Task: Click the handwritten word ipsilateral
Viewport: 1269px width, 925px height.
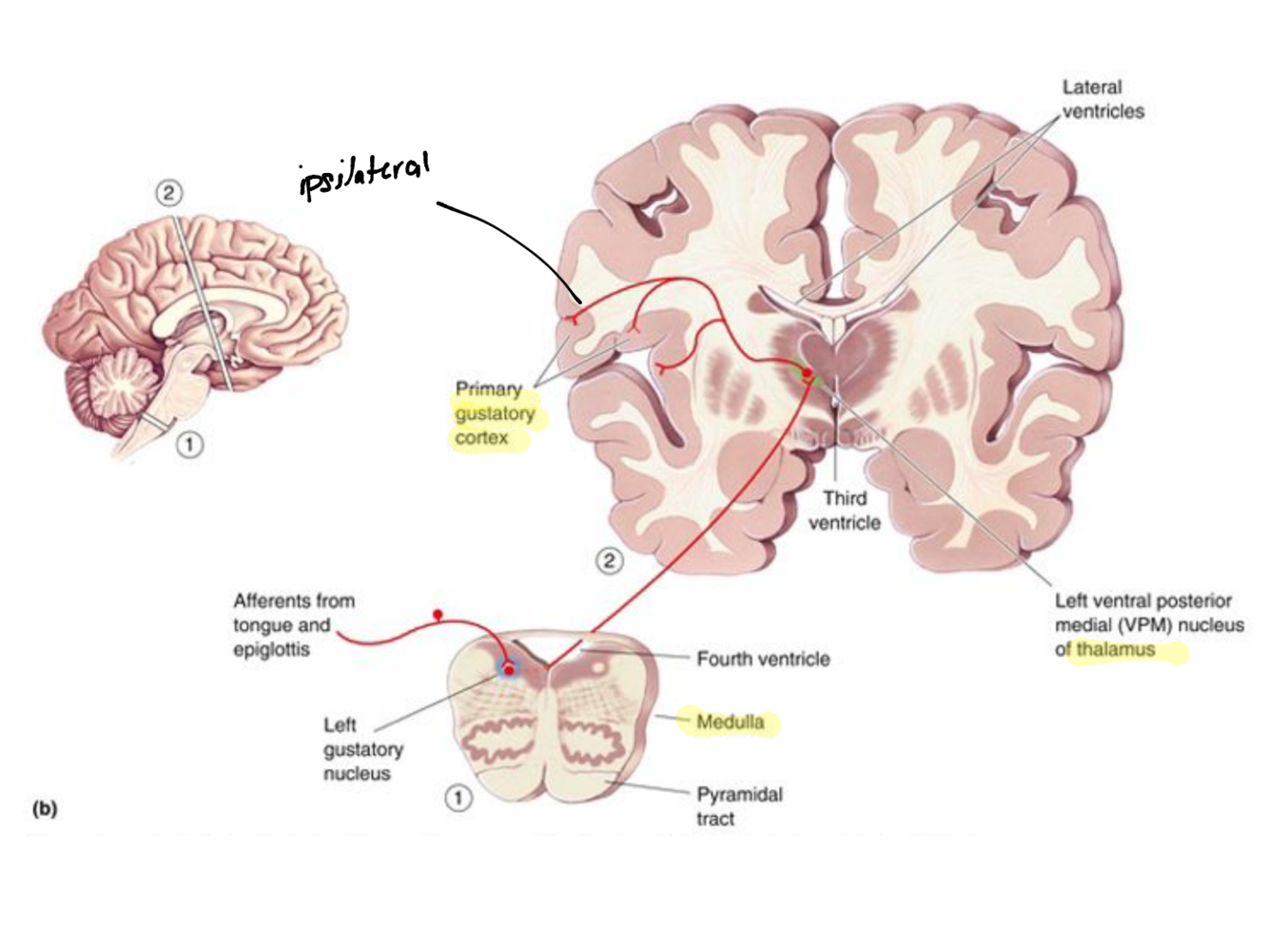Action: click(x=364, y=175)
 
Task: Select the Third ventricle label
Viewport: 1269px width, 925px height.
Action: click(x=844, y=511)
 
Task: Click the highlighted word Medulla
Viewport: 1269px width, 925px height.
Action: click(x=730, y=723)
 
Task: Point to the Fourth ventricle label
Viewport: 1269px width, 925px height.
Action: click(x=763, y=659)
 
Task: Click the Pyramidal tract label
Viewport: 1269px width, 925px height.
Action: click(x=738, y=806)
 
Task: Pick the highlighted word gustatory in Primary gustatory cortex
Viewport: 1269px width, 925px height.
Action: click(x=494, y=414)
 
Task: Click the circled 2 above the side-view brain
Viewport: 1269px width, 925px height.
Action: click(x=168, y=194)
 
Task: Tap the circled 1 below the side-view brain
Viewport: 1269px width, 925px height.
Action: click(x=189, y=443)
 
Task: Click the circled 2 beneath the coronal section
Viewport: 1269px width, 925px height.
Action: click(x=609, y=561)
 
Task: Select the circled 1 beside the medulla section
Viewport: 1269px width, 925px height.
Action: click(x=459, y=798)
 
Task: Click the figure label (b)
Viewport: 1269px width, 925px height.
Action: click(x=44, y=809)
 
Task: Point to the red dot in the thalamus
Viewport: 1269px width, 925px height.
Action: click(x=807, y=372)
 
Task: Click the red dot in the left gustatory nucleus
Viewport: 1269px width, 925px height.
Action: click(x=509, y=670)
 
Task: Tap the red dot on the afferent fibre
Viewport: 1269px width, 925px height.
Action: click(x=438, y=614)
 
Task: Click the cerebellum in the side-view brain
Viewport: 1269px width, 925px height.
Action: click(x=119, y=390)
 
